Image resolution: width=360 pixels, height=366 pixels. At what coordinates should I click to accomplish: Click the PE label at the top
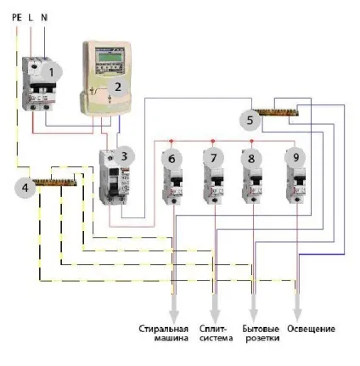click(x=17, y=18)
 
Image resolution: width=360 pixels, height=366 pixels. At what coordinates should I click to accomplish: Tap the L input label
click(x=31, y=18)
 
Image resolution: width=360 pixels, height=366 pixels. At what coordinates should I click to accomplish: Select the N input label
click(x=44, y=18)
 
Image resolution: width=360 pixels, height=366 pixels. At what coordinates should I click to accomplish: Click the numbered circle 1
click(x=51, y=72)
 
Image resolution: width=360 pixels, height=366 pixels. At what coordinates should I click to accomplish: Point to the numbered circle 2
click(x=118, y=87)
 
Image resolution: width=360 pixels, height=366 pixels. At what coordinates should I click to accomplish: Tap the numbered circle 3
click(x=124, y=156)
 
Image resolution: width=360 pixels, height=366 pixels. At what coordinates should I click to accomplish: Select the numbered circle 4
click(x=25, y=188)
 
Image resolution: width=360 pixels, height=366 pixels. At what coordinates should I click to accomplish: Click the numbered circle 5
click(x=250, y=120)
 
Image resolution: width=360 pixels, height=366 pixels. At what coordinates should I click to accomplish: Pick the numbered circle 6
click(x=172, y=159)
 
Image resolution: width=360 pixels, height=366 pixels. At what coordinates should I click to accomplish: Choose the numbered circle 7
click(x=213, y=158)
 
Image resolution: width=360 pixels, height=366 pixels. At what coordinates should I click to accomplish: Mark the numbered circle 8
click(x=251, y=159)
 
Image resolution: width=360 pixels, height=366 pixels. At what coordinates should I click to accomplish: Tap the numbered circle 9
click(x=295, y=157)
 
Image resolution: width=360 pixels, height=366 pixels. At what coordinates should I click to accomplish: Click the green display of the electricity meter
click(x=110, y=56)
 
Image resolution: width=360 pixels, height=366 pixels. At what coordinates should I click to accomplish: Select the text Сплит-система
click(x=216, y=333)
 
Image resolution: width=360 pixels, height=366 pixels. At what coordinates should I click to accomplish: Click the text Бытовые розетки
click(x=261, y=333)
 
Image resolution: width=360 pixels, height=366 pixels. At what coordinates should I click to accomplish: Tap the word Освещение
click(x=311, y=329)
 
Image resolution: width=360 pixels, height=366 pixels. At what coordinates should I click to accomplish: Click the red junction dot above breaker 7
click(x=213, y=141)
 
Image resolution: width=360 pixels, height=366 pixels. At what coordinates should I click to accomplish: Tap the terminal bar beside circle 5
click(x=275, y=112)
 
